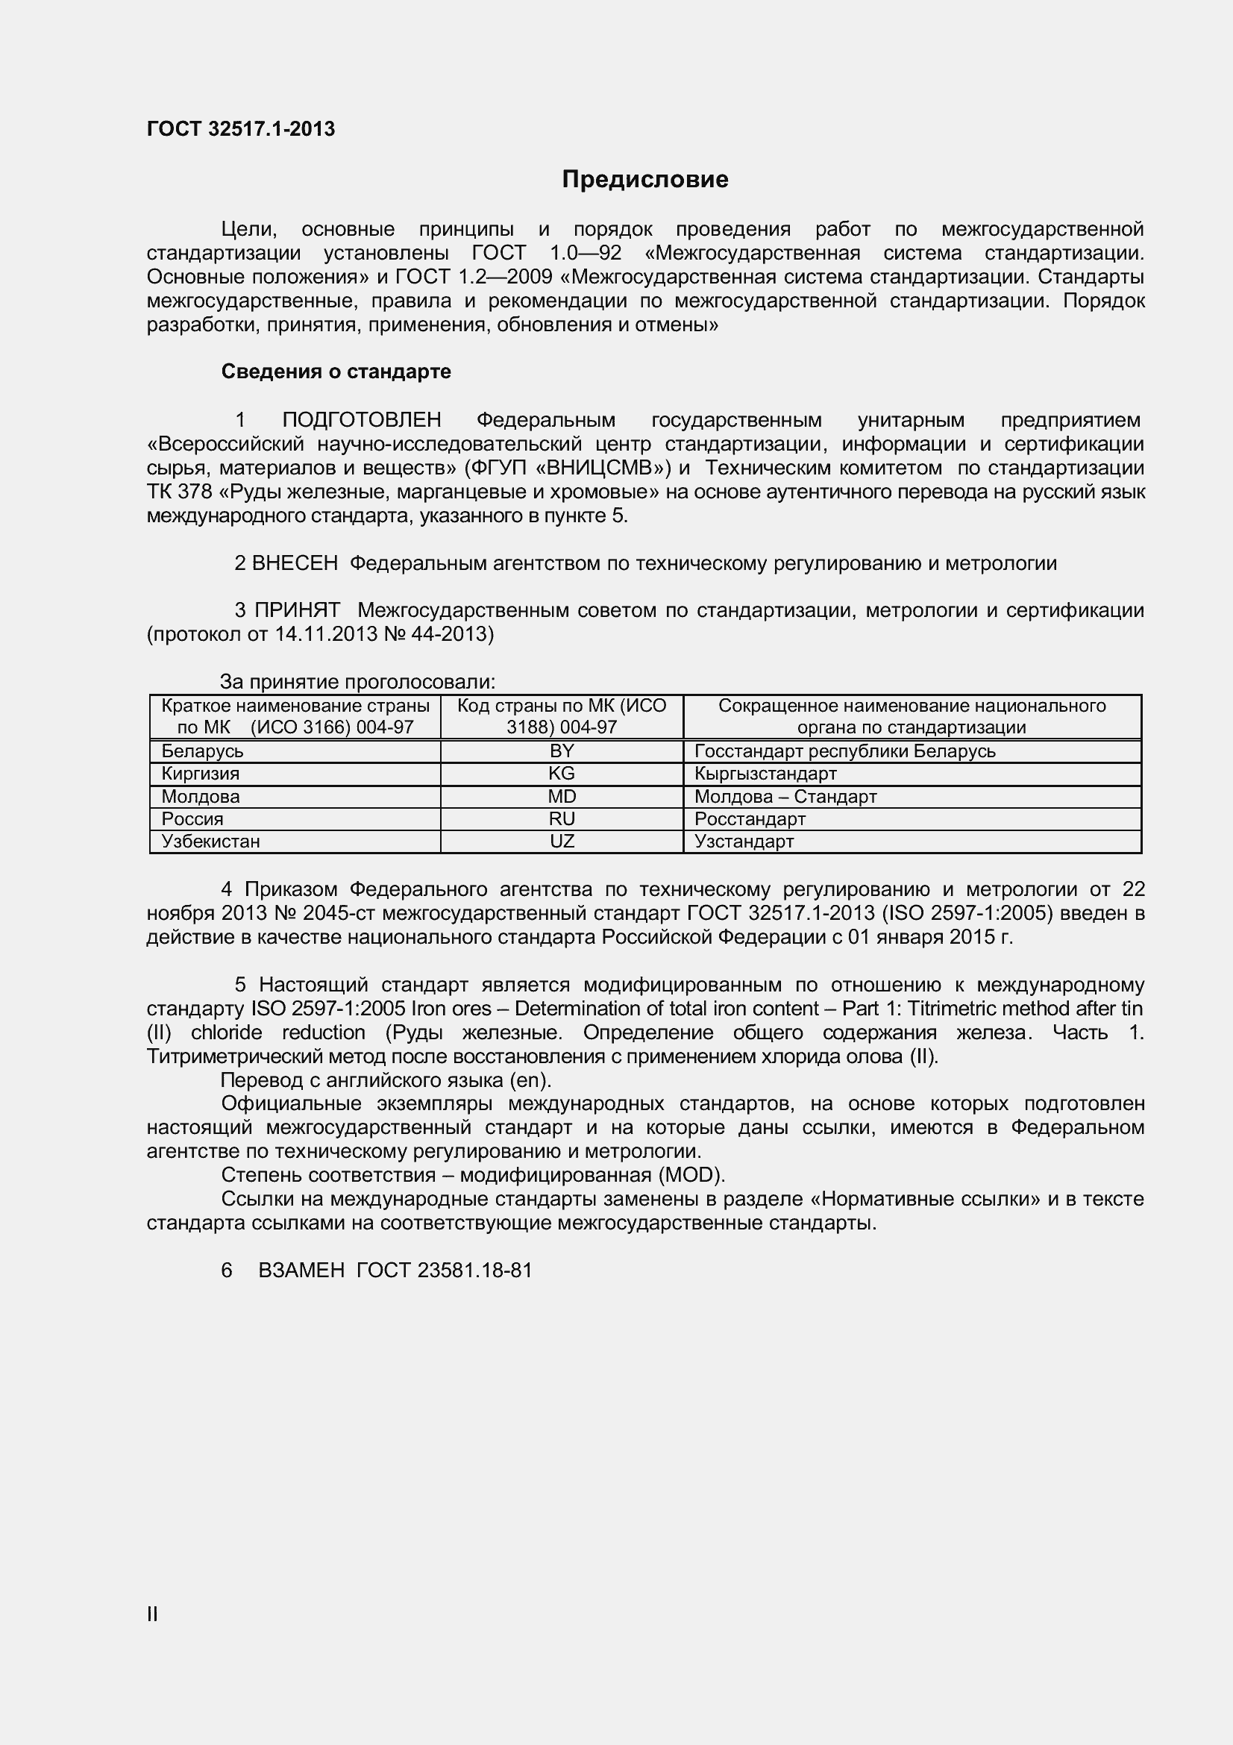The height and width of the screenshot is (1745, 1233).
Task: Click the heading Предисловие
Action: [644, 179]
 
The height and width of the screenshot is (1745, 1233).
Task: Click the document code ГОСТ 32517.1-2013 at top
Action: [240, 129]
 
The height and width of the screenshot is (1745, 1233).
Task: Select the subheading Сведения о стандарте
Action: [336, 372]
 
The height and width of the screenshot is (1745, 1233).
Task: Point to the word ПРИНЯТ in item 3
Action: [297, 610]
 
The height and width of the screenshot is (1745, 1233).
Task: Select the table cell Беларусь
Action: [202, 751]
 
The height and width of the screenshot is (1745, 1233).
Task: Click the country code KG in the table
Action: [562, 774]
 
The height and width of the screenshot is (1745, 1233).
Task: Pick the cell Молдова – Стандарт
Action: [785, 797]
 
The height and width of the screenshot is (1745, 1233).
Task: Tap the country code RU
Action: [562, 818]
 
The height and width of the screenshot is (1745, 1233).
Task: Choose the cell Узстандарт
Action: [744, 842]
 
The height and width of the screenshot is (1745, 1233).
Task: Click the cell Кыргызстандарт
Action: [765, 774]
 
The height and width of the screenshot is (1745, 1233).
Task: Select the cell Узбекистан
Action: [210, 842]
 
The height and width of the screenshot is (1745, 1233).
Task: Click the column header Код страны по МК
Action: [562, 716]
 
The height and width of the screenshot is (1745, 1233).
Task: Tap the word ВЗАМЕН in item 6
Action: [301, 1270]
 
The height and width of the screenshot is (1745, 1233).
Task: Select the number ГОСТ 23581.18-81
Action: [444, 1270]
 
